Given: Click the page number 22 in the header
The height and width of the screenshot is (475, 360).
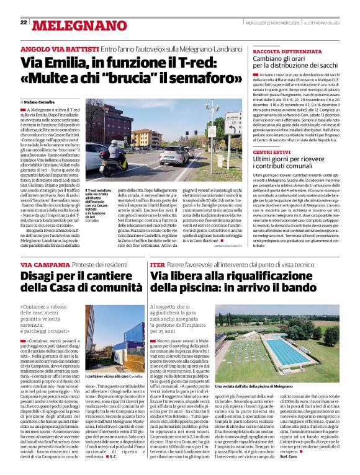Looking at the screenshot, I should click(x=24, y=22).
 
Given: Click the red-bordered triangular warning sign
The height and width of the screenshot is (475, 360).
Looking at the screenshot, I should click(x=211, y=133).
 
